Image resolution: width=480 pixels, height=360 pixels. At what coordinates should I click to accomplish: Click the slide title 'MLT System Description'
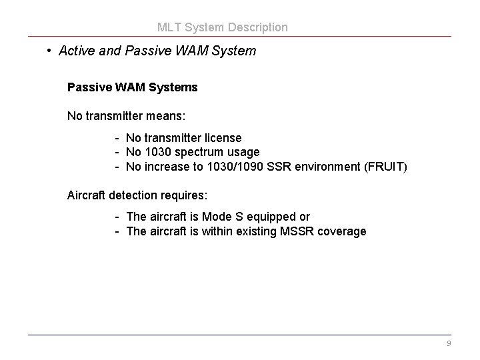[x=223, y=27]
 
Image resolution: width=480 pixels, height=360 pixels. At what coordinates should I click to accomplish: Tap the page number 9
[x=449, y=343]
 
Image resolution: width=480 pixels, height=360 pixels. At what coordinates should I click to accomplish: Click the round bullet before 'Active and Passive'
[x=49, y=51]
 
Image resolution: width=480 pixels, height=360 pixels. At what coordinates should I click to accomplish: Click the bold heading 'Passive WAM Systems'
[x=132, y=87]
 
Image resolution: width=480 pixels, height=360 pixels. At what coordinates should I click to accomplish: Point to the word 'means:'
[x=167, y=116]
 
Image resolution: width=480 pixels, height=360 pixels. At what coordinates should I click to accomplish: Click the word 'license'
[x=223, y=138]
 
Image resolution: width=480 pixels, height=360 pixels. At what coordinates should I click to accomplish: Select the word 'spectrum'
[x=199, y=153]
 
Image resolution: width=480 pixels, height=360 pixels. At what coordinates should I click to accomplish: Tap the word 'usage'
[x=243, y=152]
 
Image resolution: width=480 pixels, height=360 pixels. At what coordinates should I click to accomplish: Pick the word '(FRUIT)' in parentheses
[x=385, y=167]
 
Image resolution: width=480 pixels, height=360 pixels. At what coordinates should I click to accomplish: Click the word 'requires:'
[x=184, y=195]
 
